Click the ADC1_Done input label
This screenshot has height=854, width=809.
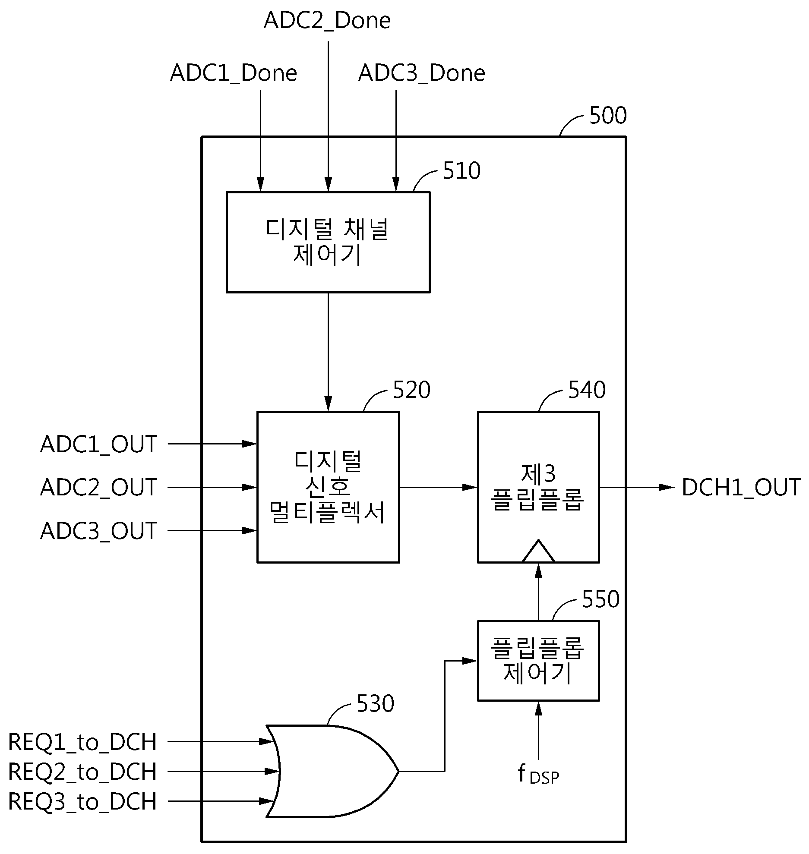tap(234, 73)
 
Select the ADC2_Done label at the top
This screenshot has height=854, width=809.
tap(327, 20)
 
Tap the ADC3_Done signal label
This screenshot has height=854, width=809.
tap(422, 73)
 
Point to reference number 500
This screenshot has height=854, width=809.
tap(608, 116)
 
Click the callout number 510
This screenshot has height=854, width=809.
tap(461, 171)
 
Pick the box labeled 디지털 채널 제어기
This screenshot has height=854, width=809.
tap(328, 242)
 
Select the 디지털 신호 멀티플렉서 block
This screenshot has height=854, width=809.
tap(328, 487)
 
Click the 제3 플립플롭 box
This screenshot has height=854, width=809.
tap(538, 487)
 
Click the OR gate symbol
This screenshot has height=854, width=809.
tap(332, 771)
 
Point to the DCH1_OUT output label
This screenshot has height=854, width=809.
tap(741, 488)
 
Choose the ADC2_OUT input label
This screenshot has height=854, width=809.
tap(98, 488)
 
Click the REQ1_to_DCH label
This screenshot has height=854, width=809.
tap(82, 742)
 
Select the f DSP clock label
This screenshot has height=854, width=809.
tap(538, 775)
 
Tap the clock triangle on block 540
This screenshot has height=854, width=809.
tap(538, 551)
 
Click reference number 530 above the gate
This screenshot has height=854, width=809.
tap(375, 704)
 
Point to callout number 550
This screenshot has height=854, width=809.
tap(600, 599)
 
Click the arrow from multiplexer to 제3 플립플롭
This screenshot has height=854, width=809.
tap(439, 487)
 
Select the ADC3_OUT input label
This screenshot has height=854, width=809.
tap(98, 531)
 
